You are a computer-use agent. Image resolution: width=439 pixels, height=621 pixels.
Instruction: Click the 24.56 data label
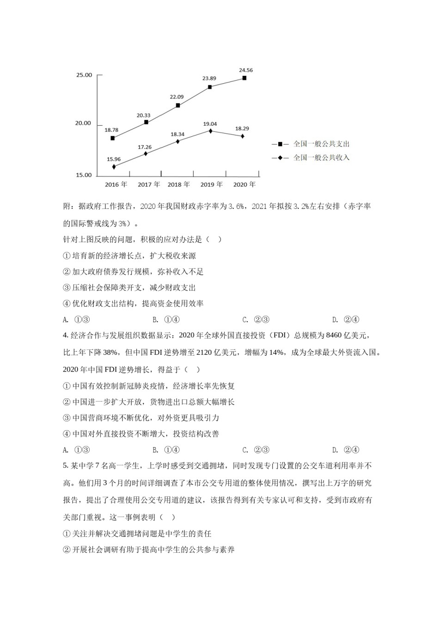point(246,70)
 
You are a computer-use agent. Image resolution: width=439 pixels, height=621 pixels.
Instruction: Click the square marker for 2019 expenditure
point(210,87)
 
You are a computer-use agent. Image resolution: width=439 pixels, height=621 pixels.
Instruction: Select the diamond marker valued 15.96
point(114,166)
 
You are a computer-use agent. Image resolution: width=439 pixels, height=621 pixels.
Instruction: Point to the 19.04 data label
point(210,124)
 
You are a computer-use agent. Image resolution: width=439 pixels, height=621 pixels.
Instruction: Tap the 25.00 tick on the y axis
point(84,75)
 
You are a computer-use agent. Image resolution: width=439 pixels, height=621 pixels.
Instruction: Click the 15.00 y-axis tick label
point(84,175)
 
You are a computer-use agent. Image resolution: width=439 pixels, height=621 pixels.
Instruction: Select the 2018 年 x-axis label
point(178,184)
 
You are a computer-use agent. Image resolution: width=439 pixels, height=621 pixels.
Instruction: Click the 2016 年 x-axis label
point(116,184)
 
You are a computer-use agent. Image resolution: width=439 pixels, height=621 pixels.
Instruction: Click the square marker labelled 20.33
point(146,122)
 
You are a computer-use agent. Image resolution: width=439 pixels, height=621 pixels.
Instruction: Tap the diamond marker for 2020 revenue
point(243,136)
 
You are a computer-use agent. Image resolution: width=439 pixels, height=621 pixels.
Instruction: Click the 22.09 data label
point(177,97)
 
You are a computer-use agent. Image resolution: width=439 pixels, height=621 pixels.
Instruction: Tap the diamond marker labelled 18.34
point(178,141)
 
